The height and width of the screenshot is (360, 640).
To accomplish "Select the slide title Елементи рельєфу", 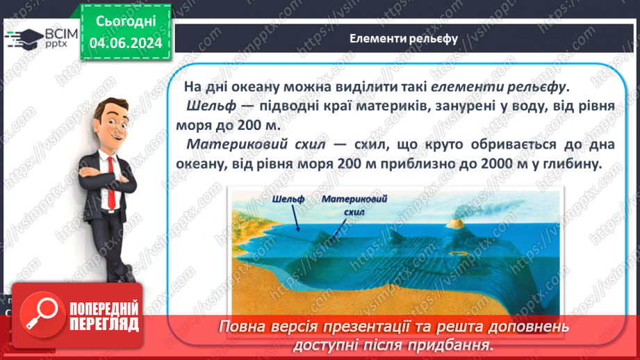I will pos(403,39).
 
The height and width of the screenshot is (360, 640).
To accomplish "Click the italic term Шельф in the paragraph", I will pos(207,107).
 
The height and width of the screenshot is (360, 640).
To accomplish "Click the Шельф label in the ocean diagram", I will pos(288,199).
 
